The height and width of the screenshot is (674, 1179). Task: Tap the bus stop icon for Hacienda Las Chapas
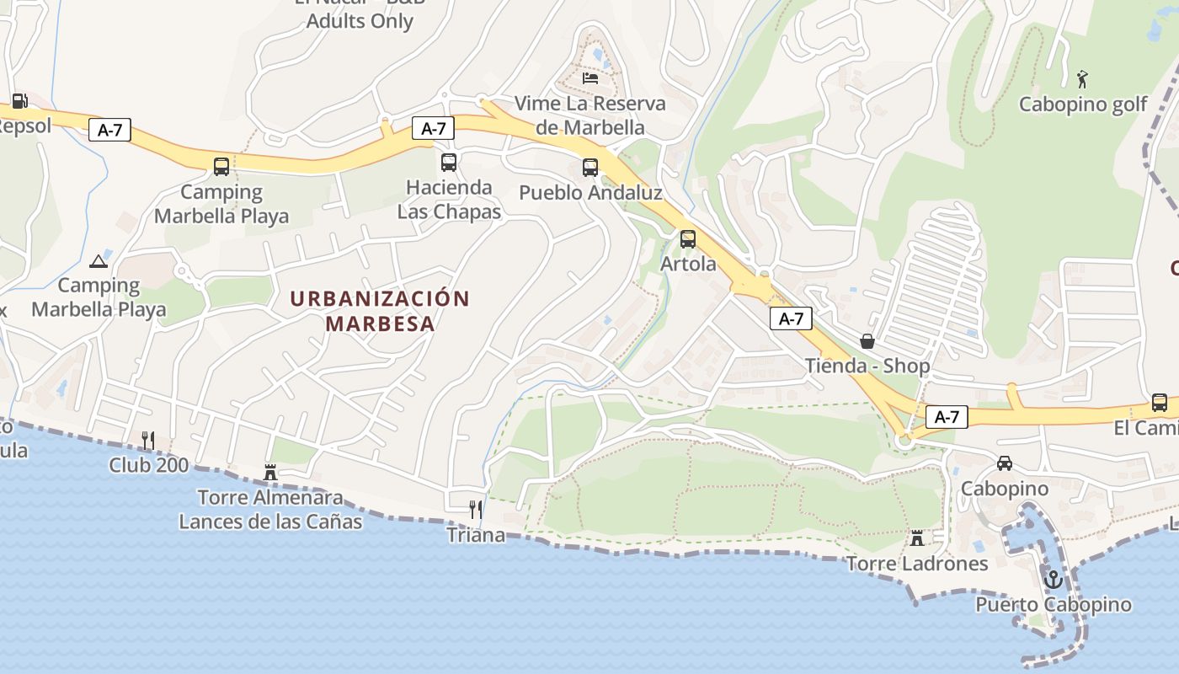pyautogui.click(x=449, y=162)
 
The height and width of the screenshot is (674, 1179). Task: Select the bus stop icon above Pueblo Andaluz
pyautogui.click(x=590, y=167)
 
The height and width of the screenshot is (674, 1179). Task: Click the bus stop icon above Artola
pyautogui.click(x=688, y=238)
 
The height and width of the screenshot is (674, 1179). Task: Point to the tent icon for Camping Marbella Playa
pyautogui.click(x=99, y=261)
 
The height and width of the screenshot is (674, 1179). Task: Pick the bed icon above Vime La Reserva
pyautogui.click(x=590, y=78)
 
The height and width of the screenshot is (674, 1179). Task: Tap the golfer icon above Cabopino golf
pyautogui.click(x=1082, y=79)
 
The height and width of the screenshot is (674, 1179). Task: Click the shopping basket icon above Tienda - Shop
pyautogui.click(x=867, y=341)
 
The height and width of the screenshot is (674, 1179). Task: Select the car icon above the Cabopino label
pyautogui.click(x=1005, y=463)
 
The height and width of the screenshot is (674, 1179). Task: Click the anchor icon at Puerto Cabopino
pyautogui.click(x=1053, y=579)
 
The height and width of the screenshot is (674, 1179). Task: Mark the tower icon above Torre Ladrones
pyautogui.click(x=917, y=537)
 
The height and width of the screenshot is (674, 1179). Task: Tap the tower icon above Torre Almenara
pyautogui.click(x=270, y=472)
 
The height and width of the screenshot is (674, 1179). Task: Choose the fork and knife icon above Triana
pyautogui.click(x=476, y=509)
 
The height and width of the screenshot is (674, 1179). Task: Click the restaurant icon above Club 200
pyautogui.click(x=148, y=439)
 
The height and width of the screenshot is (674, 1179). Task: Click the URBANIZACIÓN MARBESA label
pyautogui.click(x=380, y=311)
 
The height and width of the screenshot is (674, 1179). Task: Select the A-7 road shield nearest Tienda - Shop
pyautogui.click(x=791, y=318)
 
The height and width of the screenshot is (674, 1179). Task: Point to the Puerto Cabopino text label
pyautogui.click(x=1054, y=605)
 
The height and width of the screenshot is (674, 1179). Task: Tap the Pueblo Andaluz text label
pyautogui.click(x=590, y=192)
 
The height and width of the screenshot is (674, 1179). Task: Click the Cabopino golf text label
pyautogui.click(x=1083, y=104)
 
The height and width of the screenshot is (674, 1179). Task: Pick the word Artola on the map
pyautogui.click(x=688, y=264)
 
